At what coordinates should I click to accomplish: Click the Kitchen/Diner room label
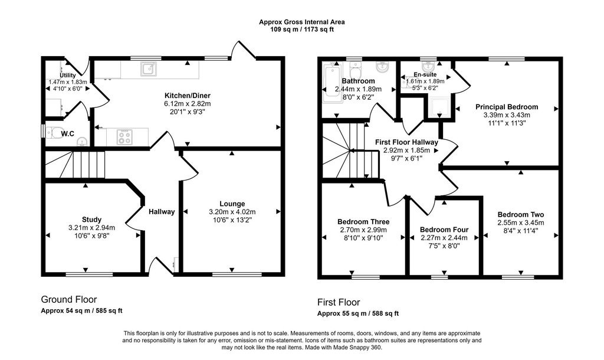[x=187, y=95]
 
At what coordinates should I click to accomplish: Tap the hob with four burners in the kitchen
[x=124, y=137]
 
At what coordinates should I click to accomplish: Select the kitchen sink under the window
[x=147, y=70]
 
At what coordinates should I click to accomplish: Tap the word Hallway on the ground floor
[x=162, y=212]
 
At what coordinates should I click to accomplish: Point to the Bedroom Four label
[x=444, y=230]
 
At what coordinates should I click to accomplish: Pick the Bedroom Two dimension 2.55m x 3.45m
[x=520, y=222]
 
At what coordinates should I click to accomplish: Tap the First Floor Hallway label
[x=406, y=142]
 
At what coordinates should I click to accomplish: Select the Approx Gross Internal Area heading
[x=302, y=22]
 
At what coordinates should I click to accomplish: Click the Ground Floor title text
[x=68, y=299]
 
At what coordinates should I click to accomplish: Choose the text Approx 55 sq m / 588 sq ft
[x=358, y=313]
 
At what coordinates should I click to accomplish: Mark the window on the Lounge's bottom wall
[x=229, y=274]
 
